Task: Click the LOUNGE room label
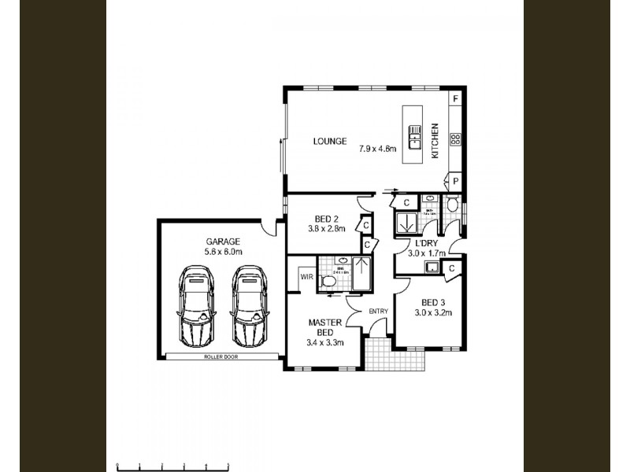tap(329, 142)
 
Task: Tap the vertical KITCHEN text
tap(434, 142)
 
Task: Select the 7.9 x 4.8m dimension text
tap(378, 148)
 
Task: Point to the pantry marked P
tap(455, 181)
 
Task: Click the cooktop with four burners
tap(455, 139)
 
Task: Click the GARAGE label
tap(223, 241)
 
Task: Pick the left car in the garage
tap(196, 306)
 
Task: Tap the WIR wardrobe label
tap(306, 275)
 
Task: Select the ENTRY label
tap(379, 312)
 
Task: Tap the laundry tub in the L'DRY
tap(431, 267)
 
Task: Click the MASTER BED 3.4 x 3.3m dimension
tap(324, 343)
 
